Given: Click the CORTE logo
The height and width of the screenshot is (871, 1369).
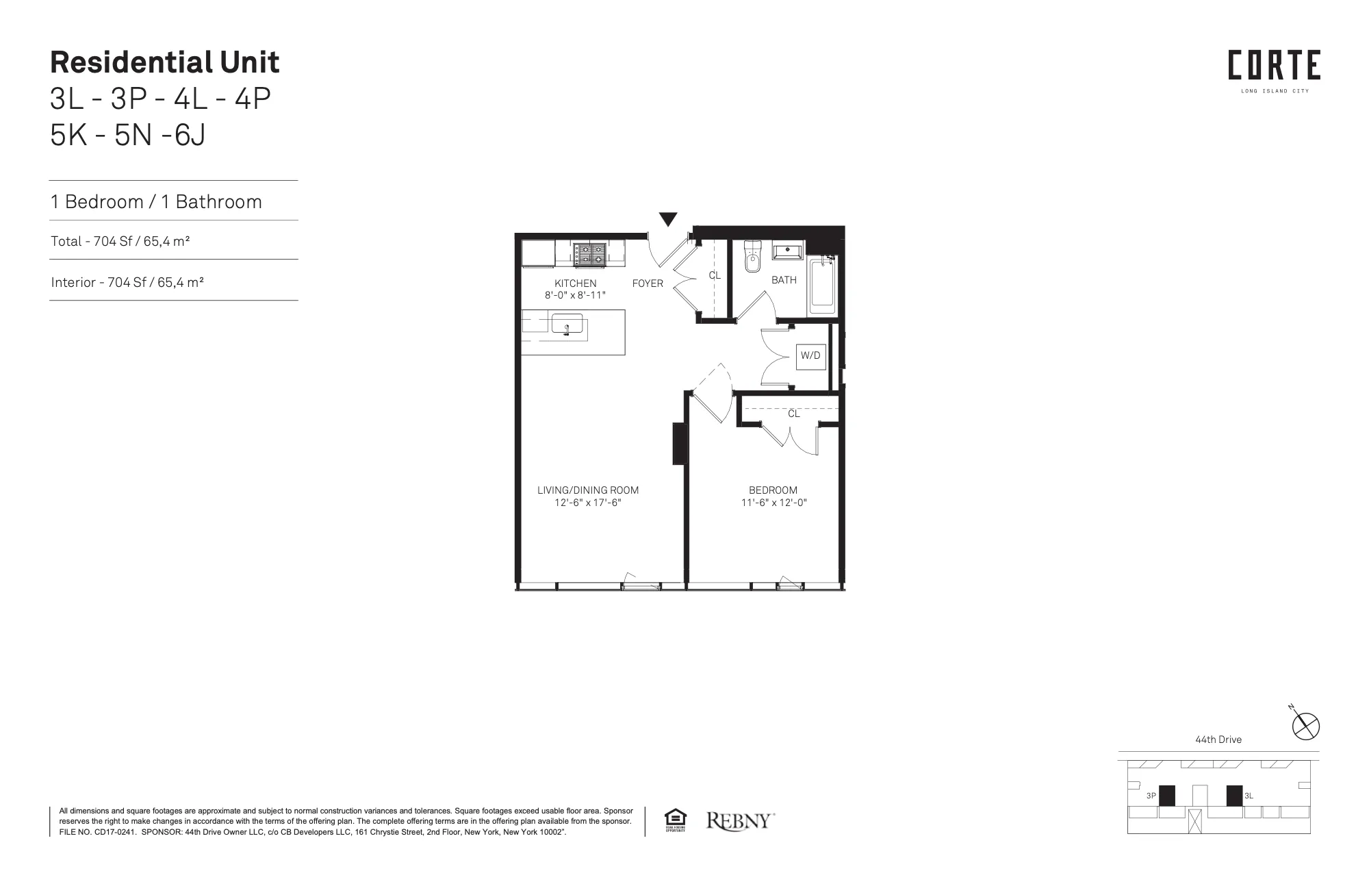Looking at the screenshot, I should click(1274, 66).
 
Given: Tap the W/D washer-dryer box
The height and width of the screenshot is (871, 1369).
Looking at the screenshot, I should click(810, 355).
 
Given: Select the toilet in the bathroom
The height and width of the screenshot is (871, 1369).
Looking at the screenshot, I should click(753, 257).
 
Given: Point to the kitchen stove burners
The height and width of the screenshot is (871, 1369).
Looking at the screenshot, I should click(589, 255).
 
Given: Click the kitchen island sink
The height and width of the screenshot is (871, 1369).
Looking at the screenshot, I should click(567, 324).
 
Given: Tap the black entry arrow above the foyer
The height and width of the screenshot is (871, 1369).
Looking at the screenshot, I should click(668, 219).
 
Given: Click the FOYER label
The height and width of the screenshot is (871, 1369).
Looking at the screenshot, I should click(648, 283).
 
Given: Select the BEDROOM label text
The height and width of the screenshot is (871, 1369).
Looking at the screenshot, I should click(773, 490).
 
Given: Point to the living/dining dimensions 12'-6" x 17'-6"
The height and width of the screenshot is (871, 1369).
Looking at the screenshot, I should click(588, 503).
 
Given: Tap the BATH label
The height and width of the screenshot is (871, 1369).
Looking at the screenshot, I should click(784, 280).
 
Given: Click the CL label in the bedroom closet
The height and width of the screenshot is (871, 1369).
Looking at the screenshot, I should click(794, 414).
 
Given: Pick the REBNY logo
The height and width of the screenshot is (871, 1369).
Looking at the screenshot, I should click(740, 820).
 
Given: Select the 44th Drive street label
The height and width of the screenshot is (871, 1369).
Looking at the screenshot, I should click(1218, 740).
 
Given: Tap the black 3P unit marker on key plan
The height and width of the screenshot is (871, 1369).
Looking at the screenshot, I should click(1166, 796).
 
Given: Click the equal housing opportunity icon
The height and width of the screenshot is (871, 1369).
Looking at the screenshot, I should click(675, 820).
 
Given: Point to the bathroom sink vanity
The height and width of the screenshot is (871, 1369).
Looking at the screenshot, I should click(788, 251).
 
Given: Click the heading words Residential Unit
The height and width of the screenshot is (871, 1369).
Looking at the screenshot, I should click(165, 62).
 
